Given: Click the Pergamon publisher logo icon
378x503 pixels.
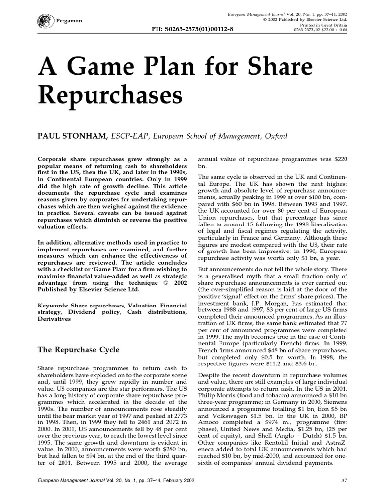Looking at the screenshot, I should coord(43,21).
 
